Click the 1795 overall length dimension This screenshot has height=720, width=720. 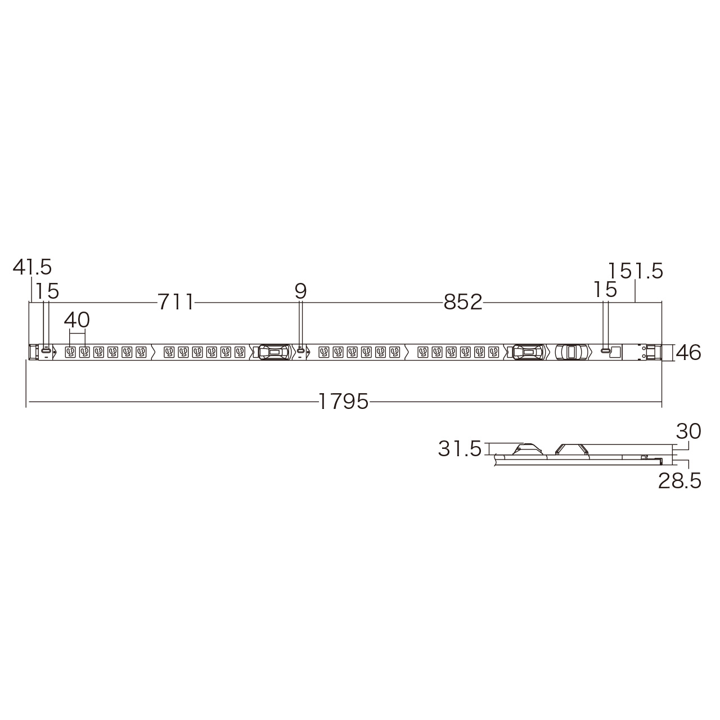(343, 402)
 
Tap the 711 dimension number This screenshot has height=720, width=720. (175, 302)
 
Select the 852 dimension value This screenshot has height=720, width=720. (463, 302)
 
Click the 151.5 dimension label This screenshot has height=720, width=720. (635, 271)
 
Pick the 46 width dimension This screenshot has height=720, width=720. (688, 353)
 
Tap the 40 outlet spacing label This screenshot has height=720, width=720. (76, 320)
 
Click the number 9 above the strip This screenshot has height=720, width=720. (300, 291)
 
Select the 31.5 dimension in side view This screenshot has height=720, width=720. (460, 449)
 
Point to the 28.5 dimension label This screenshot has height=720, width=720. (679, 481)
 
